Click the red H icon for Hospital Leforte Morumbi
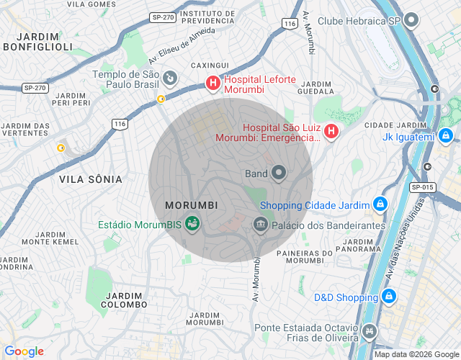point(213,84)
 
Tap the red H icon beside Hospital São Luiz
point(331,131)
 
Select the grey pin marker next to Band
point(279,173)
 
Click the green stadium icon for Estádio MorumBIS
point(192,224)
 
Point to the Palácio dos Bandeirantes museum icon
point(260,225)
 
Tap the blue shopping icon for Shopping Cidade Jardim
point(379,204)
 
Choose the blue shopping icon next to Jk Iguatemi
point(446,135)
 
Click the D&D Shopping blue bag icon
point(388,296)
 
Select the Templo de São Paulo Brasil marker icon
point(170,77)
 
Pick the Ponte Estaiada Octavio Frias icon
point(370,332)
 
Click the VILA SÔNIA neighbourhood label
point(90,179)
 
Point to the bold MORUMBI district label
point(191,205)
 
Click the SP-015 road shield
point(423,187)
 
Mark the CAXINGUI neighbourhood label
point(210,66)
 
